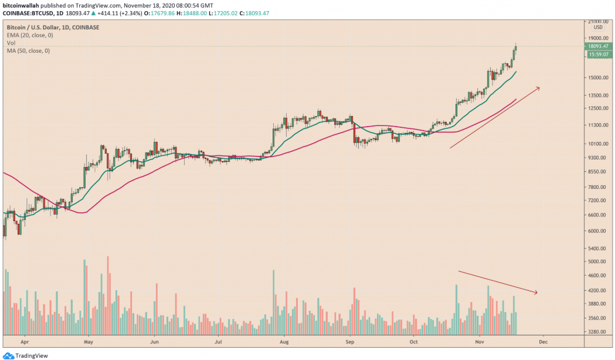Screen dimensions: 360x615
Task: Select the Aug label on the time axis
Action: click(x=284, y=340)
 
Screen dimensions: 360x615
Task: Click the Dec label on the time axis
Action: click(x=543, y=340)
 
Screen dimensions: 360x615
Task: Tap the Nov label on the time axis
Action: click(x=480, y=340)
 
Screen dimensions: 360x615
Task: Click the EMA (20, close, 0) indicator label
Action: click(x=29, y=35)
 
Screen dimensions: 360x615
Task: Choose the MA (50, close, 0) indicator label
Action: click(x=28, y=51)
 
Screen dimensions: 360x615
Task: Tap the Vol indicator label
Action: click(x=11, y=43)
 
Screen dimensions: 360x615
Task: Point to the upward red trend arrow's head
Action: click(x=539, y=88)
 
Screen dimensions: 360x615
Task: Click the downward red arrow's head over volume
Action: click(x=536, y=292)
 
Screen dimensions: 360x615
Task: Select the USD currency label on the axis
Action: click(x=597, y=27)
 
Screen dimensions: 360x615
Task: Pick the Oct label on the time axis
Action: click(x=414, y=340)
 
